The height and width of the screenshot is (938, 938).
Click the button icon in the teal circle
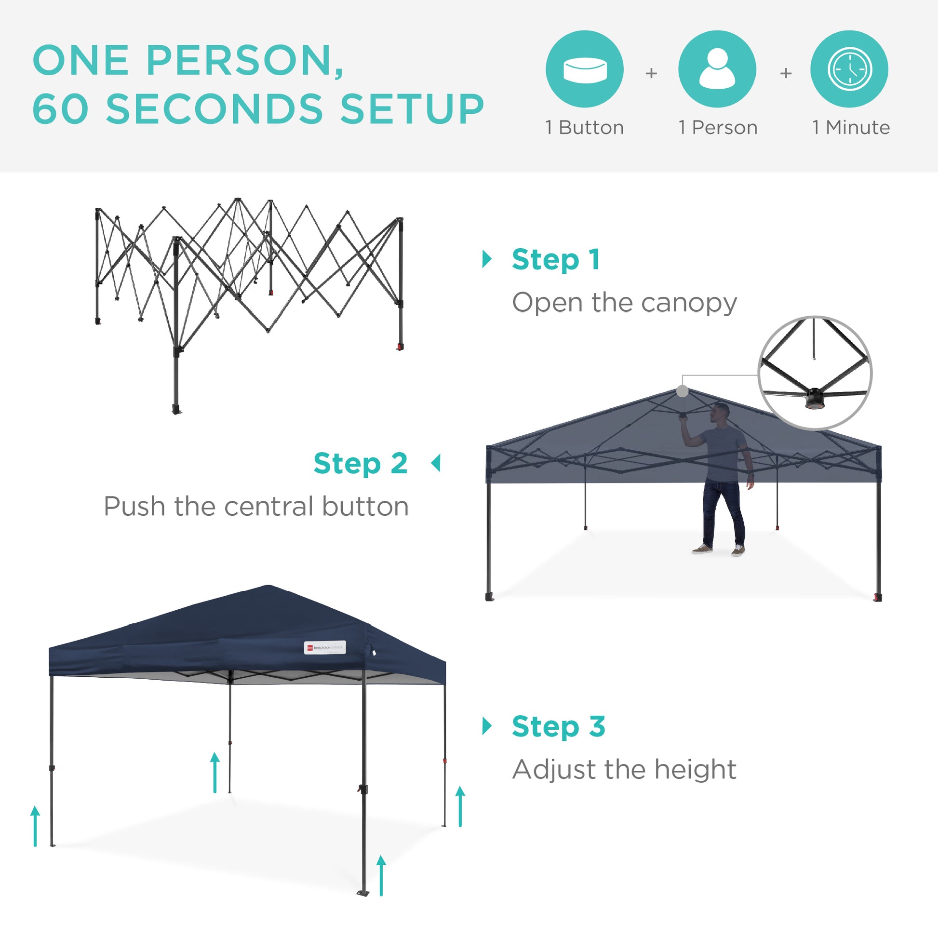coord(585,69)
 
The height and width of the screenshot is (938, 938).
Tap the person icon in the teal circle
coord(717,69)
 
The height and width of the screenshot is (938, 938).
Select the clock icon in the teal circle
coord(850,69)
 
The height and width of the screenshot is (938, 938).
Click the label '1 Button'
coord(585,128)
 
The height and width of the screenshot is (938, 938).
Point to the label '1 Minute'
coord(851,128)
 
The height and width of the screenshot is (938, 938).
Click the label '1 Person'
coord(718,128)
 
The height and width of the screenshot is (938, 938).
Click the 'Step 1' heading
coord(556,260)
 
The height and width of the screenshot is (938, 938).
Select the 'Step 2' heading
coord(360,464)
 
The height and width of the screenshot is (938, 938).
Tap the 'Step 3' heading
coord(558,727)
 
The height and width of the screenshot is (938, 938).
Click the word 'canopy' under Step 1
coord(689,304)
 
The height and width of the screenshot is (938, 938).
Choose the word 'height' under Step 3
coord(695,769)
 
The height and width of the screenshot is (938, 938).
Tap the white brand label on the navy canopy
coord(325,648)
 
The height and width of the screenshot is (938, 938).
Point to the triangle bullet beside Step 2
coord(436,463)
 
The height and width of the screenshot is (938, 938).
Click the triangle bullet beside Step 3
coord(487,726)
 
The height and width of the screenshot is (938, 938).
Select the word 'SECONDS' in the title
coord(214,109)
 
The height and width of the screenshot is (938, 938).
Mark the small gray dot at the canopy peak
coord(682,391)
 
